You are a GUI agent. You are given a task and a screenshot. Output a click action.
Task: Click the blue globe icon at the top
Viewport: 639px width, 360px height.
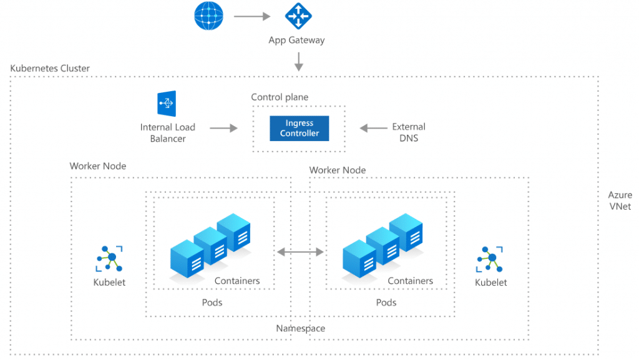[208, 16]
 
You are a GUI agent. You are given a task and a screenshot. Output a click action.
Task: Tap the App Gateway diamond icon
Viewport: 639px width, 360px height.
[298, 16]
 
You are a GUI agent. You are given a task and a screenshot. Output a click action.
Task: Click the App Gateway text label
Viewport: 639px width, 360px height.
[296, 41]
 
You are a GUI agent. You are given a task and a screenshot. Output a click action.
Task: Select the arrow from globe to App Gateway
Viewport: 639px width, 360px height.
[251, 16]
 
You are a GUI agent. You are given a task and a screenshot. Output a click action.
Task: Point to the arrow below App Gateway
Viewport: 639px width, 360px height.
[299, 61]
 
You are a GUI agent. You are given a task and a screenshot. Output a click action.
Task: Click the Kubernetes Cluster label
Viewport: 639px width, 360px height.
[50, 68]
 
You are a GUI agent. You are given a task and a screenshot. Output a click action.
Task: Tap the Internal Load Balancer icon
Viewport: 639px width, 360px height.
[167, 104]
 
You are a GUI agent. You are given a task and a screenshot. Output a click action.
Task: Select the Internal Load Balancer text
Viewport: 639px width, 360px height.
[167, 133]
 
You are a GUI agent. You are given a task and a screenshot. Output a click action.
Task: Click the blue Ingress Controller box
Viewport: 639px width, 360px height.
[299, 129]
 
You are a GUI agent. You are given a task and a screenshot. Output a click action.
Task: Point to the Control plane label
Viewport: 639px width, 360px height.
[280, 97]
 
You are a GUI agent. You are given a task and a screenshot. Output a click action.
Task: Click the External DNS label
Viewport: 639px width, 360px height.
[409, 132]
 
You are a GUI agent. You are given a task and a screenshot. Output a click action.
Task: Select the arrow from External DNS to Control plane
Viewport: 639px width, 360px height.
[373, 129]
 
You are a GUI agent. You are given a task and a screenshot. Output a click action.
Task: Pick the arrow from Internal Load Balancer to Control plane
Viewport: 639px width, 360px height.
[223, 128]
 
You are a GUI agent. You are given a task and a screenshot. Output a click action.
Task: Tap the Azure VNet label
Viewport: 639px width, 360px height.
[620, 201]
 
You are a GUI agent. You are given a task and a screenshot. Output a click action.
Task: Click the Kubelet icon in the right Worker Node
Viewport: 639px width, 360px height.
[490, 259]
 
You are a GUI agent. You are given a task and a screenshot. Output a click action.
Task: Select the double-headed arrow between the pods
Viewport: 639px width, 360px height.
[301, 251]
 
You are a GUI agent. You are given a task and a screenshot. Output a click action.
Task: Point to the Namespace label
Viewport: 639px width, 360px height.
[301, 328]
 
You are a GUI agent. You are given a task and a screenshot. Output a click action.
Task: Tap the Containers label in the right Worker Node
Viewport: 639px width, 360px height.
[410, 281]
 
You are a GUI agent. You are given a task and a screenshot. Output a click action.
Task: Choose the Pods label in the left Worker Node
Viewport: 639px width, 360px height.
[212, 303]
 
